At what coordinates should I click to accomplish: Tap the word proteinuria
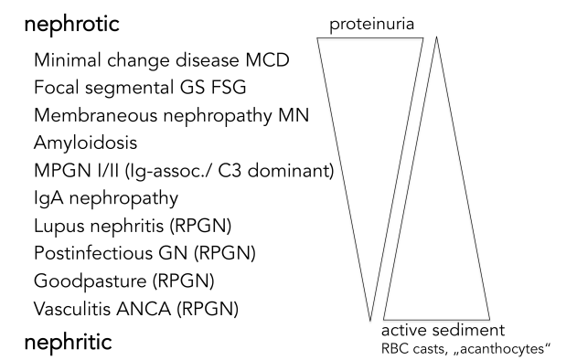[375, 25]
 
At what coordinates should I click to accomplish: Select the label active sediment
[443, 329]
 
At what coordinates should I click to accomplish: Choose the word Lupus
[59, 225]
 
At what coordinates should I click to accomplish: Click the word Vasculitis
[73, 307]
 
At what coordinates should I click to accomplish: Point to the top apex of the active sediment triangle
[436, 37]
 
